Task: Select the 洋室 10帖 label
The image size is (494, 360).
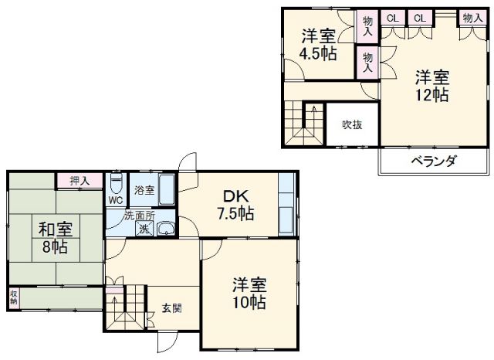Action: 249,294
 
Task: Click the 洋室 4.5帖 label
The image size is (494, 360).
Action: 317,45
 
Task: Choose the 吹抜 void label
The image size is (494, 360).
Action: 354,124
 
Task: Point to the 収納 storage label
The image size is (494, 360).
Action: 14,298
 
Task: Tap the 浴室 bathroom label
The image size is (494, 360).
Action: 144,189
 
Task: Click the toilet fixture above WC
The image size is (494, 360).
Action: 115,184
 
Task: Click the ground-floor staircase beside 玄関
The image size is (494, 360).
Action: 124,309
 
